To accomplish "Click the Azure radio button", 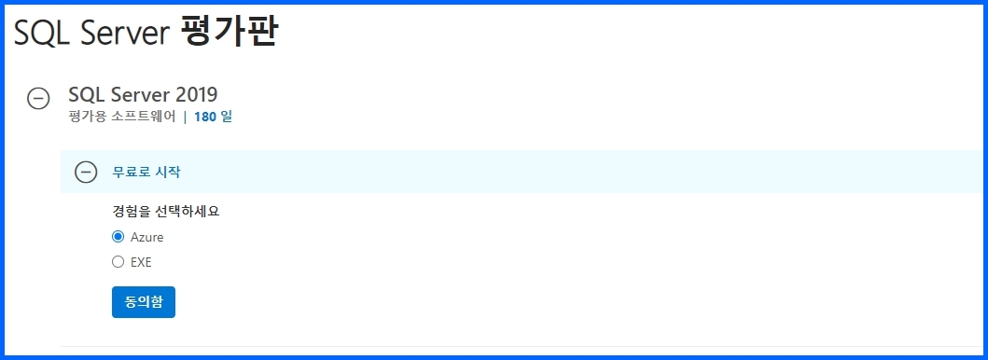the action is pyautogui.click(x=118, y=237).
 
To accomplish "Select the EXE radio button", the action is pyautogui.click(x=118, y=262).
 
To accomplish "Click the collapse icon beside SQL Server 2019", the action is pyautogui.click(x=38, y=98).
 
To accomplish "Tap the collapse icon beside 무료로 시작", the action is pyautogui.click(x=86, y=172).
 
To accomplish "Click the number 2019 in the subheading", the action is pyautogui.click(x=196, y=94).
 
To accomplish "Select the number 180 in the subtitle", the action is pyautogui.click(x=204, y=117).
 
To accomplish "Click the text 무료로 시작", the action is pyautogui.click(x=147, y=172).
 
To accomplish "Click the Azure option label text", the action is pyautogui.click(x=146, y=237).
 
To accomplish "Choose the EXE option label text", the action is pyautogui.click(x=141, y=262).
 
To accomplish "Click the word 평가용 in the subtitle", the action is pyautogui.click(x=84, y=117).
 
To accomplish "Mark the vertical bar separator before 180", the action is pyautogui.click(x=185, y=117).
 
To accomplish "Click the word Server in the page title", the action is pyautogui.click(x=119, y=34).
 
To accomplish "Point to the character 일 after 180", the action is pyautogui.click(x=226, y=117).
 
